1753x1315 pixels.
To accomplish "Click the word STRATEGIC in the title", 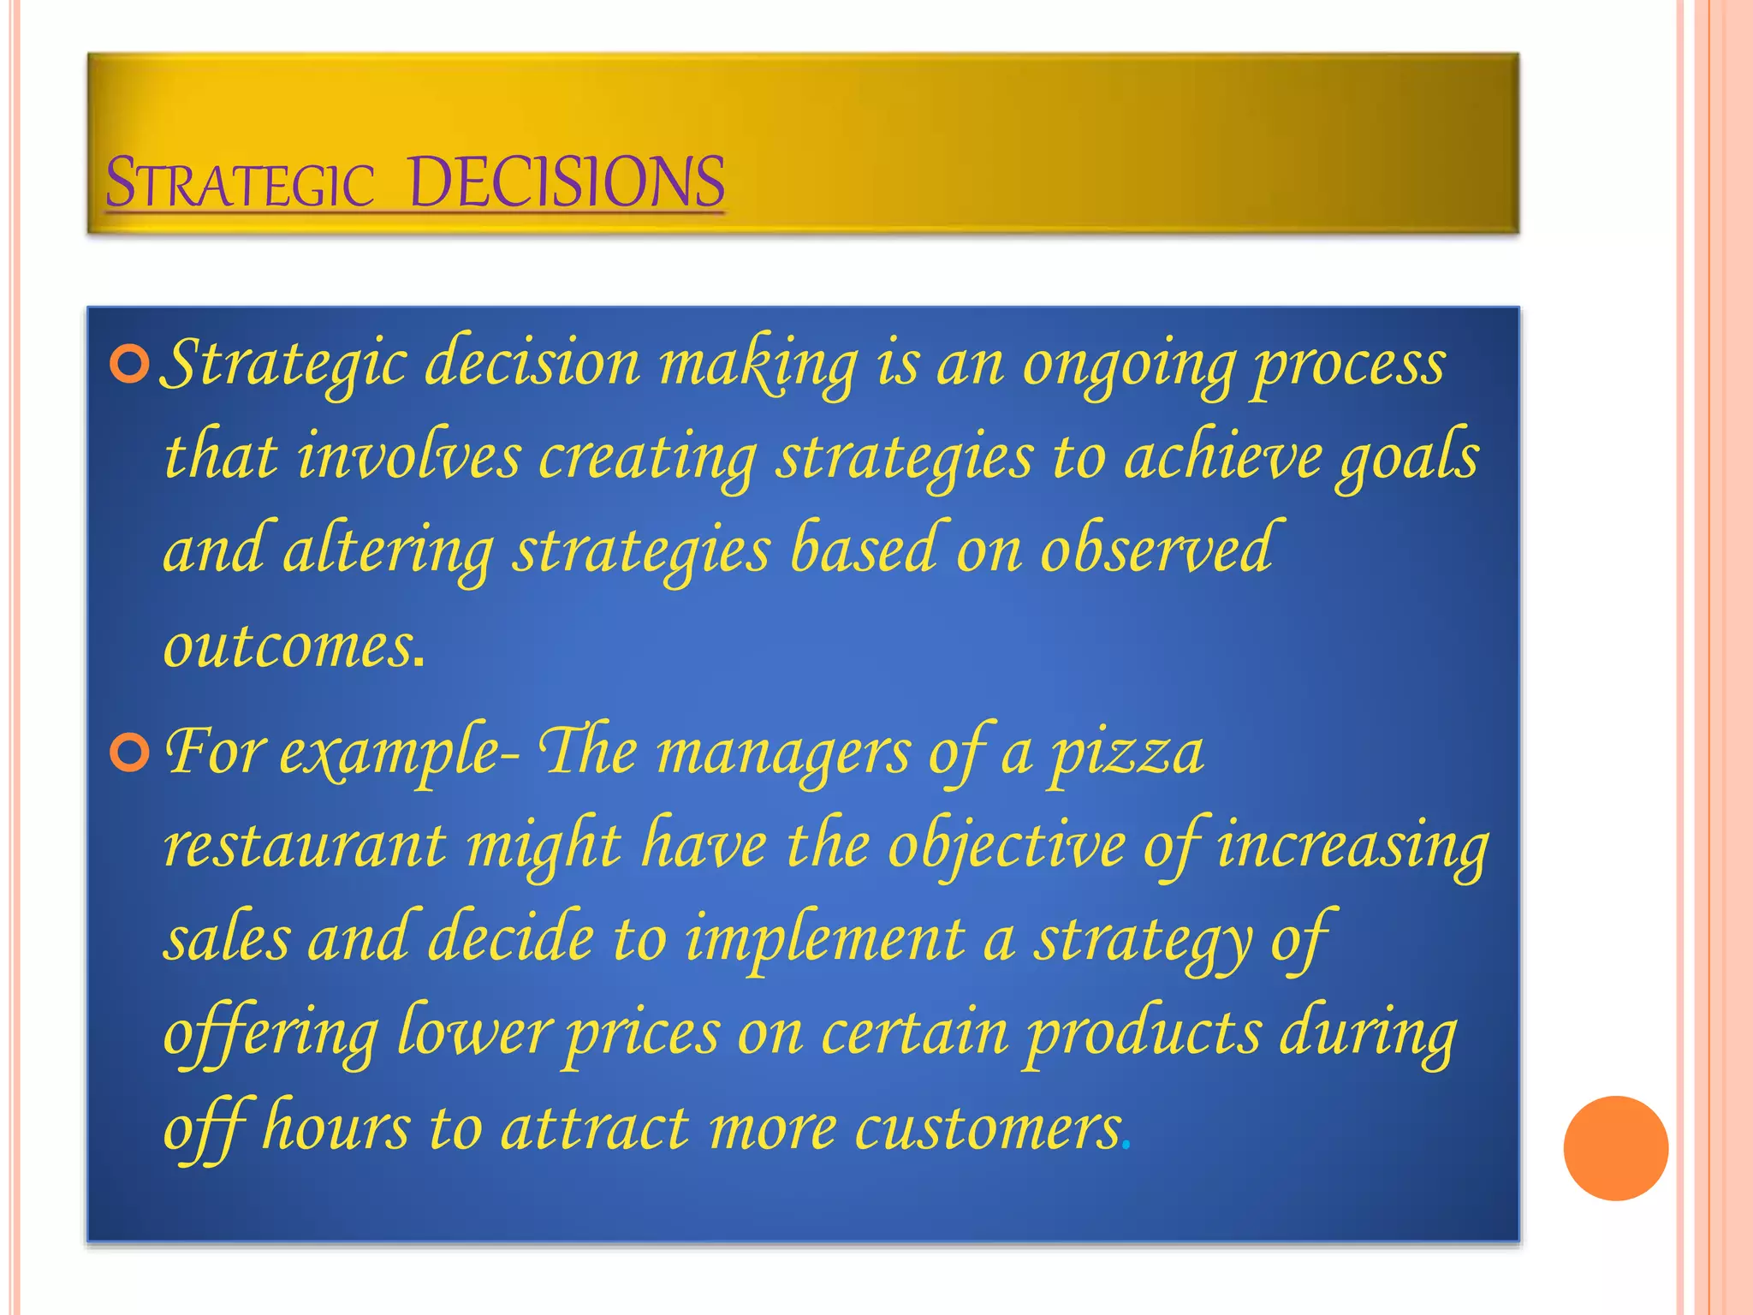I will (240, 182).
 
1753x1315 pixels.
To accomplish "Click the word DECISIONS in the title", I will (567, 182).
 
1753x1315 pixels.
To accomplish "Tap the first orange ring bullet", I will (130, 366).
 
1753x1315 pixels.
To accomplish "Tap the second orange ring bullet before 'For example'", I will (130, 753).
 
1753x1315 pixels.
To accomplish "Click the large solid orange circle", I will (1615, 1148).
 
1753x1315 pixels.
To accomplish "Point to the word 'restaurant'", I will (305, 846).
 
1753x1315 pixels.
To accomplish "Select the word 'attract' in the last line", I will (595, 1128).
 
